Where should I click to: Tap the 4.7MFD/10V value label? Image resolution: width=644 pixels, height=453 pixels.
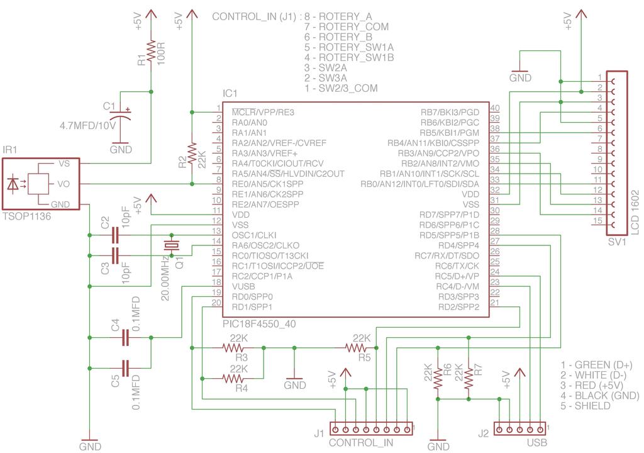click(x=88, y=125)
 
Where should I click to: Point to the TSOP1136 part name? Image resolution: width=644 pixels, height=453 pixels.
click(x=26, y=216)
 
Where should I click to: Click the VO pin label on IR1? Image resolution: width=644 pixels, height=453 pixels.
click(x=64, y=184)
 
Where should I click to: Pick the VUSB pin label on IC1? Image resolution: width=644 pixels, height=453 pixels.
click(x=243, y=286)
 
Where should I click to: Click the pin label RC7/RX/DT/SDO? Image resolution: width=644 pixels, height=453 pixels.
click(x=447, y=255)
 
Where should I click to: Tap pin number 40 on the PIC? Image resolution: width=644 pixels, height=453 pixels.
click(x=495, y=108)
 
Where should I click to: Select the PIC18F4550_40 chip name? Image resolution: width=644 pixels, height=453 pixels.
click(x=259, y=324)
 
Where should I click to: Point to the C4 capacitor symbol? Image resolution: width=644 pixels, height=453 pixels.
click(x=126, y=338)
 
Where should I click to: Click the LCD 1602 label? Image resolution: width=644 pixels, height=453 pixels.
click(x=635, y=212)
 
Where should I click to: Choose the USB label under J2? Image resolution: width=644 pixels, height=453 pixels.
click(x=537, y=443)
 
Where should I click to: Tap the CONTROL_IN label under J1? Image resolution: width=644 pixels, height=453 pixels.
click(x=361, y=443)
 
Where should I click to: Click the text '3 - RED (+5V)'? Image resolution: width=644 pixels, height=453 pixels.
click(x=592, y=386)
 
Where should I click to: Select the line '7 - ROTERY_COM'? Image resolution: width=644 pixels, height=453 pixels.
click(x=347, y=26)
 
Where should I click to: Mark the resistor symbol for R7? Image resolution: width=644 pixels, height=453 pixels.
click(x=469, y=379)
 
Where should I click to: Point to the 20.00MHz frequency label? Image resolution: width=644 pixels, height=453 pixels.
click(x=165, y=278)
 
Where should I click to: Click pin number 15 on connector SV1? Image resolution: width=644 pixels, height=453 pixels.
click(x=599, y=221)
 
